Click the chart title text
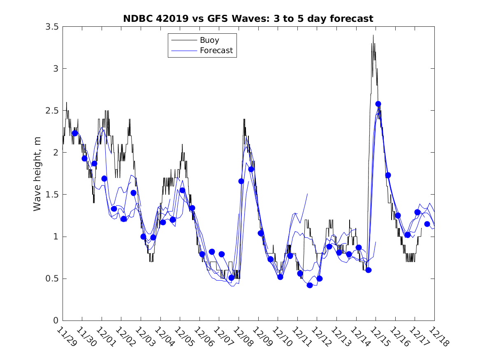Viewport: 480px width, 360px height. (x=248, y=19)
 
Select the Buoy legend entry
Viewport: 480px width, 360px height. (x=209, y=40)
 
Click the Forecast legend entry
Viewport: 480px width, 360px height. (x=216, y=51)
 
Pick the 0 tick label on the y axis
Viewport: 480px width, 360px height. (x=56, y=321)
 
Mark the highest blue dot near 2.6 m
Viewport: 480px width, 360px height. (x=378, y=104)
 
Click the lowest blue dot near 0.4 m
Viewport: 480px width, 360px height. (x=310, y=285)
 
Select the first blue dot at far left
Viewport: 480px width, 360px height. (x=74, y=133)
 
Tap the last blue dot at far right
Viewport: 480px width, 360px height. (x=427, y=224)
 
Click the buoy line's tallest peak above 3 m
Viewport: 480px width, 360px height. (x=373, y=35)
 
